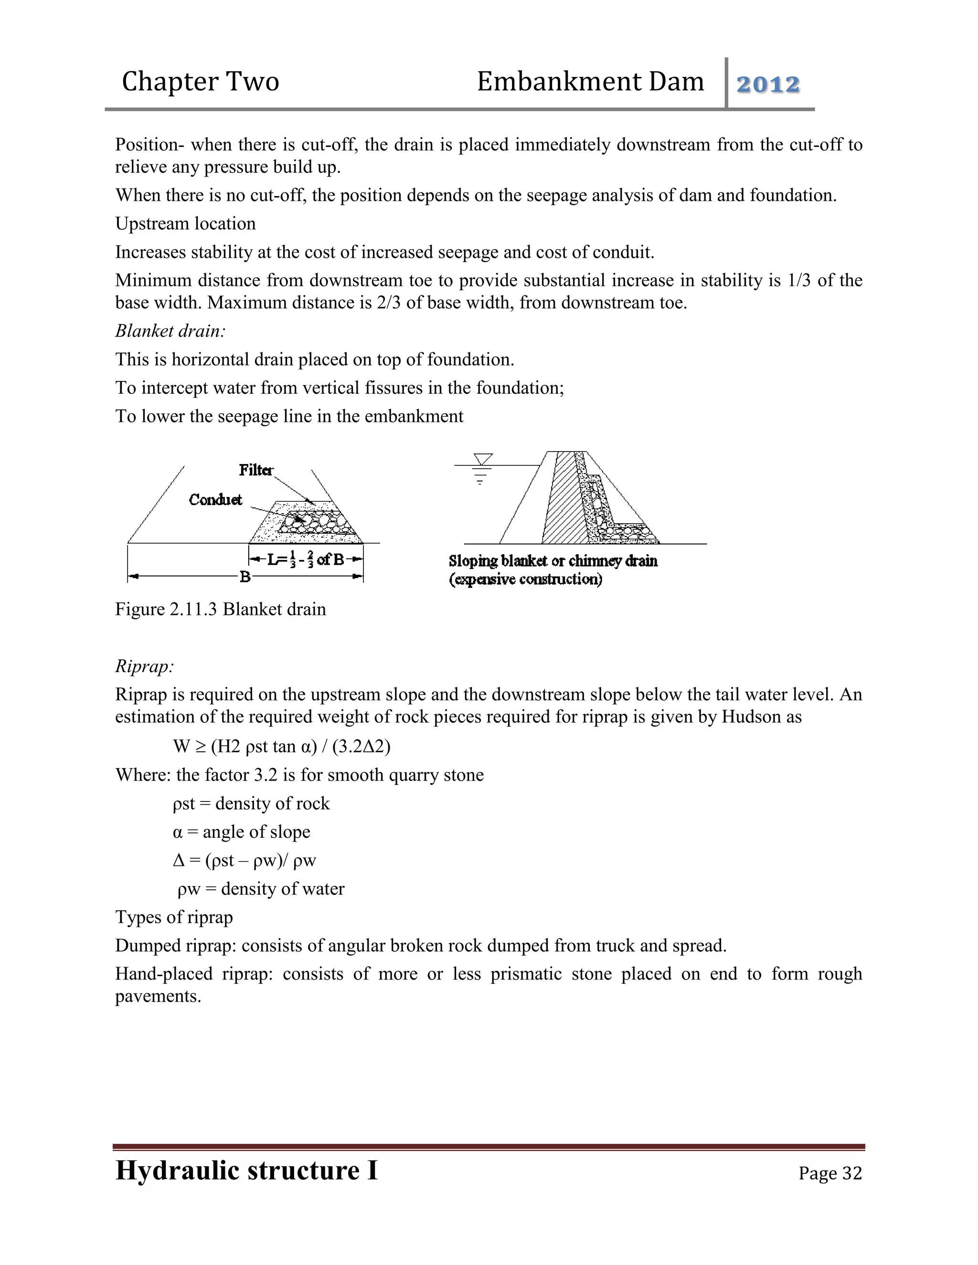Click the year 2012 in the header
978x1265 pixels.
coord(768,84)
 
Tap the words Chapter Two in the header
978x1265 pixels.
coord(201,82)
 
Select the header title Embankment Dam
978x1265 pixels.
coord(590,82)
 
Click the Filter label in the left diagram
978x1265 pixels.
coord(255,470)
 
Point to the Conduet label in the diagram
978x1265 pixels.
coord(215,499)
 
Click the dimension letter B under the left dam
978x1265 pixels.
coord(245,577)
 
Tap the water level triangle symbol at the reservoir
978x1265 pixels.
coord(483,459)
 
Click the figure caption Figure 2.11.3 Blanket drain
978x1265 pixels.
coord(220,609)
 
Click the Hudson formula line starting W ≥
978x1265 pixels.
coord(282,746)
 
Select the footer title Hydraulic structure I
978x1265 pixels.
coord(246,1170)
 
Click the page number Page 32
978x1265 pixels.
coord(829,1173)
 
